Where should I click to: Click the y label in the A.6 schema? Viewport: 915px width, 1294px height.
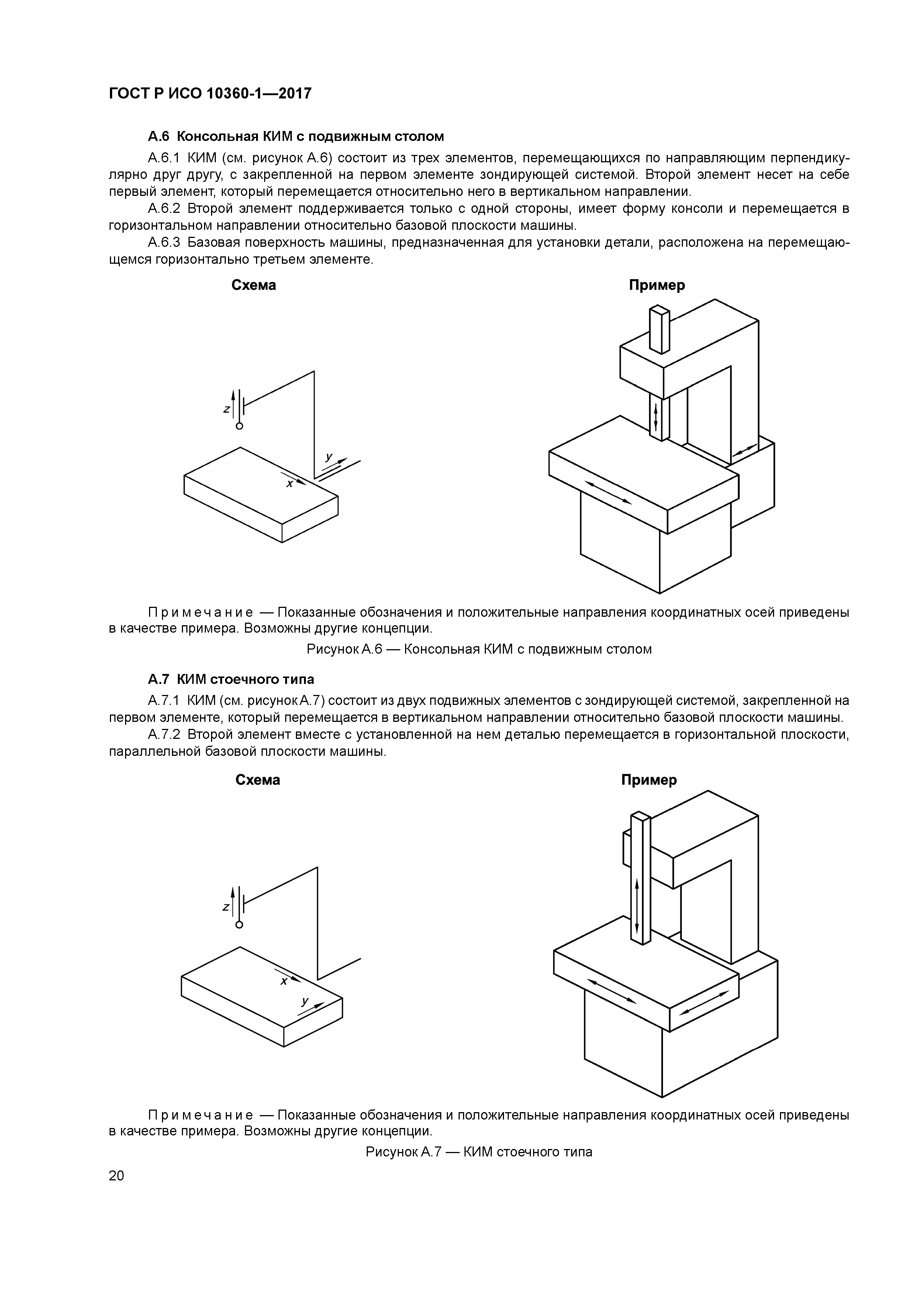tap(329, 457)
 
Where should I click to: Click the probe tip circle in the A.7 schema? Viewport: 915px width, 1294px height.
tap(239, 925)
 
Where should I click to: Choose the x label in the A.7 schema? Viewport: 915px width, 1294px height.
tap(284, 981)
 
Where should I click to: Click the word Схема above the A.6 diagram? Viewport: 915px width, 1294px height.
tap(254, 285)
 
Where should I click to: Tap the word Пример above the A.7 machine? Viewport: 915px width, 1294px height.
tap(649, 780)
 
